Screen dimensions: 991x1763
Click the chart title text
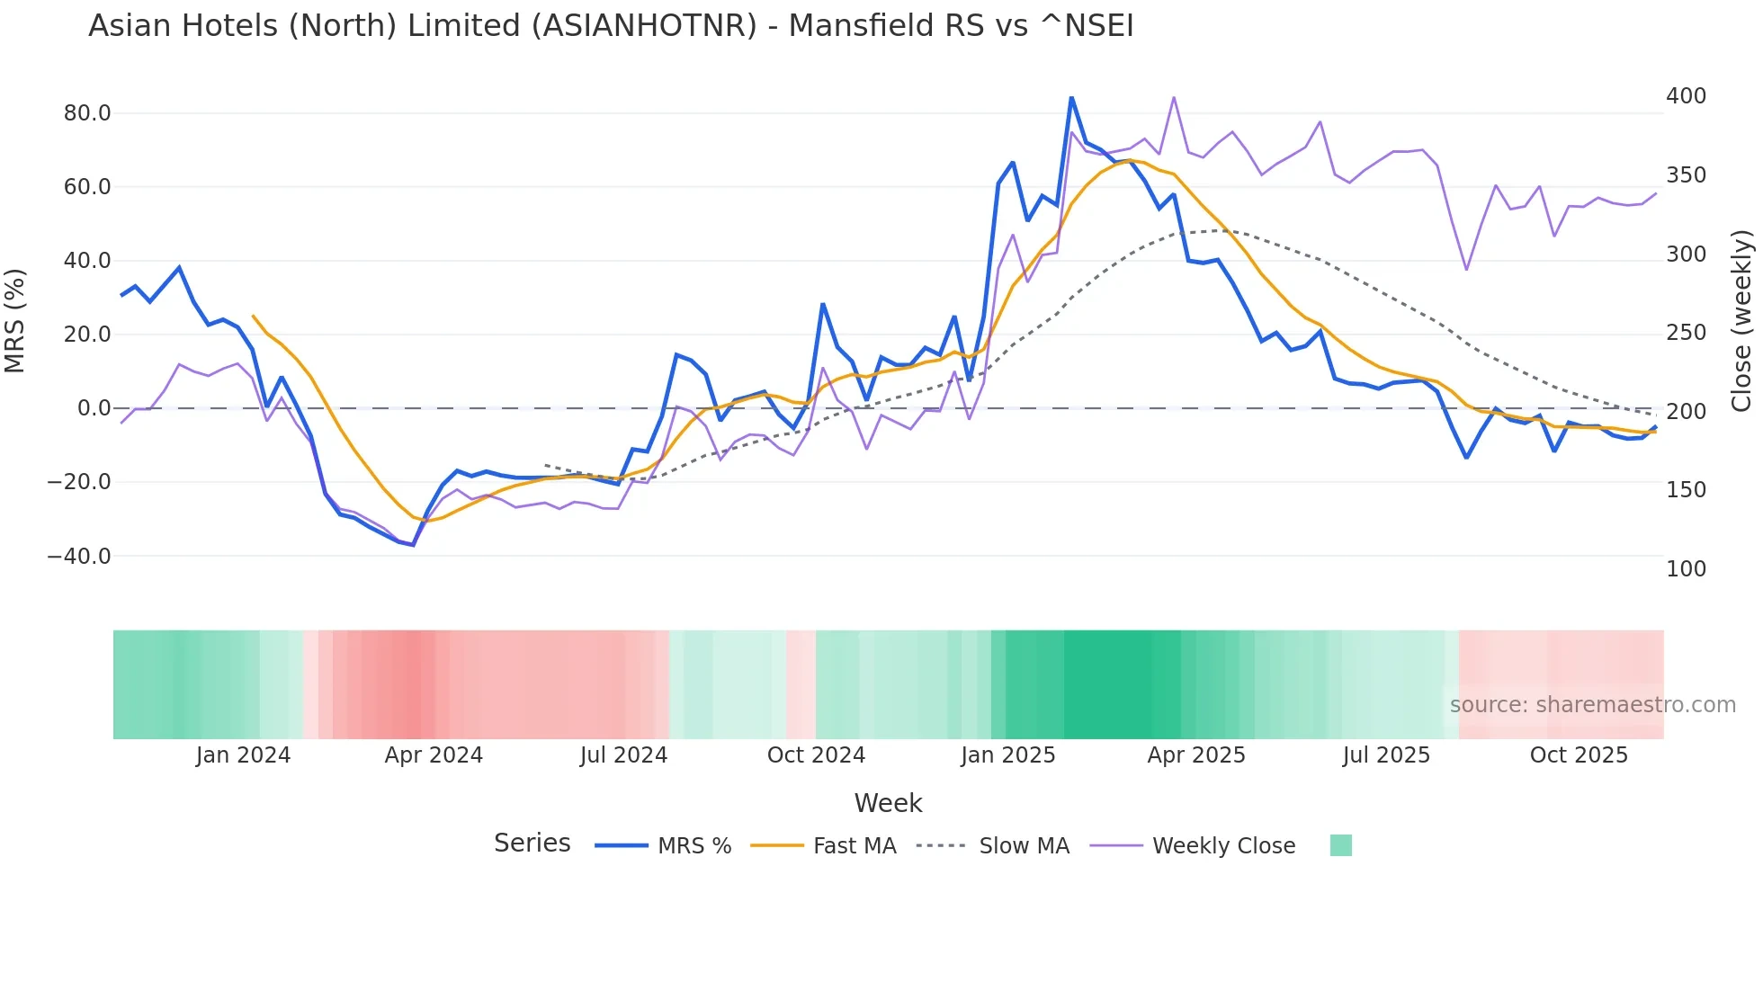click(x=611, y=26)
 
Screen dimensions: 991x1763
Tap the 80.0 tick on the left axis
click(x=87, y=113)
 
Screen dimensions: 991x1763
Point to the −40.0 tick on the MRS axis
click(x=79, y=557)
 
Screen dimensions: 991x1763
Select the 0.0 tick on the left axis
click(x=94, y=408)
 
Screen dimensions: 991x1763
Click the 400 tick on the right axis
click(x=1686, y=96)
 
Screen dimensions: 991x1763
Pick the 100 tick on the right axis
click(x=1686, y=569)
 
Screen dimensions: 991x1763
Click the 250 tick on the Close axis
click(x=1686, y=333)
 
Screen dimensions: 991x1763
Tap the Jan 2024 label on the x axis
click(x=243, y=755)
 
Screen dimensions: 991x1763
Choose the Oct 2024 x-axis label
click(x=816, y=755)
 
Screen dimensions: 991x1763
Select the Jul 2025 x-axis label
click(x=1386, y=755)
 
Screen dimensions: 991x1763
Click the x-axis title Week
click(x=888, y=803)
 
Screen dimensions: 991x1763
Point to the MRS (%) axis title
click(x=15, y=321)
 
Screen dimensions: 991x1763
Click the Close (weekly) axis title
click(x=1741, y=321)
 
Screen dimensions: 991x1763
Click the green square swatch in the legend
click(x=1340, y=845)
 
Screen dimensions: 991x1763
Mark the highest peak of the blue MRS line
click(x=1071, y=97)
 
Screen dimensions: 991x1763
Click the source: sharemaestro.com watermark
click(x=1592, y=705)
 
